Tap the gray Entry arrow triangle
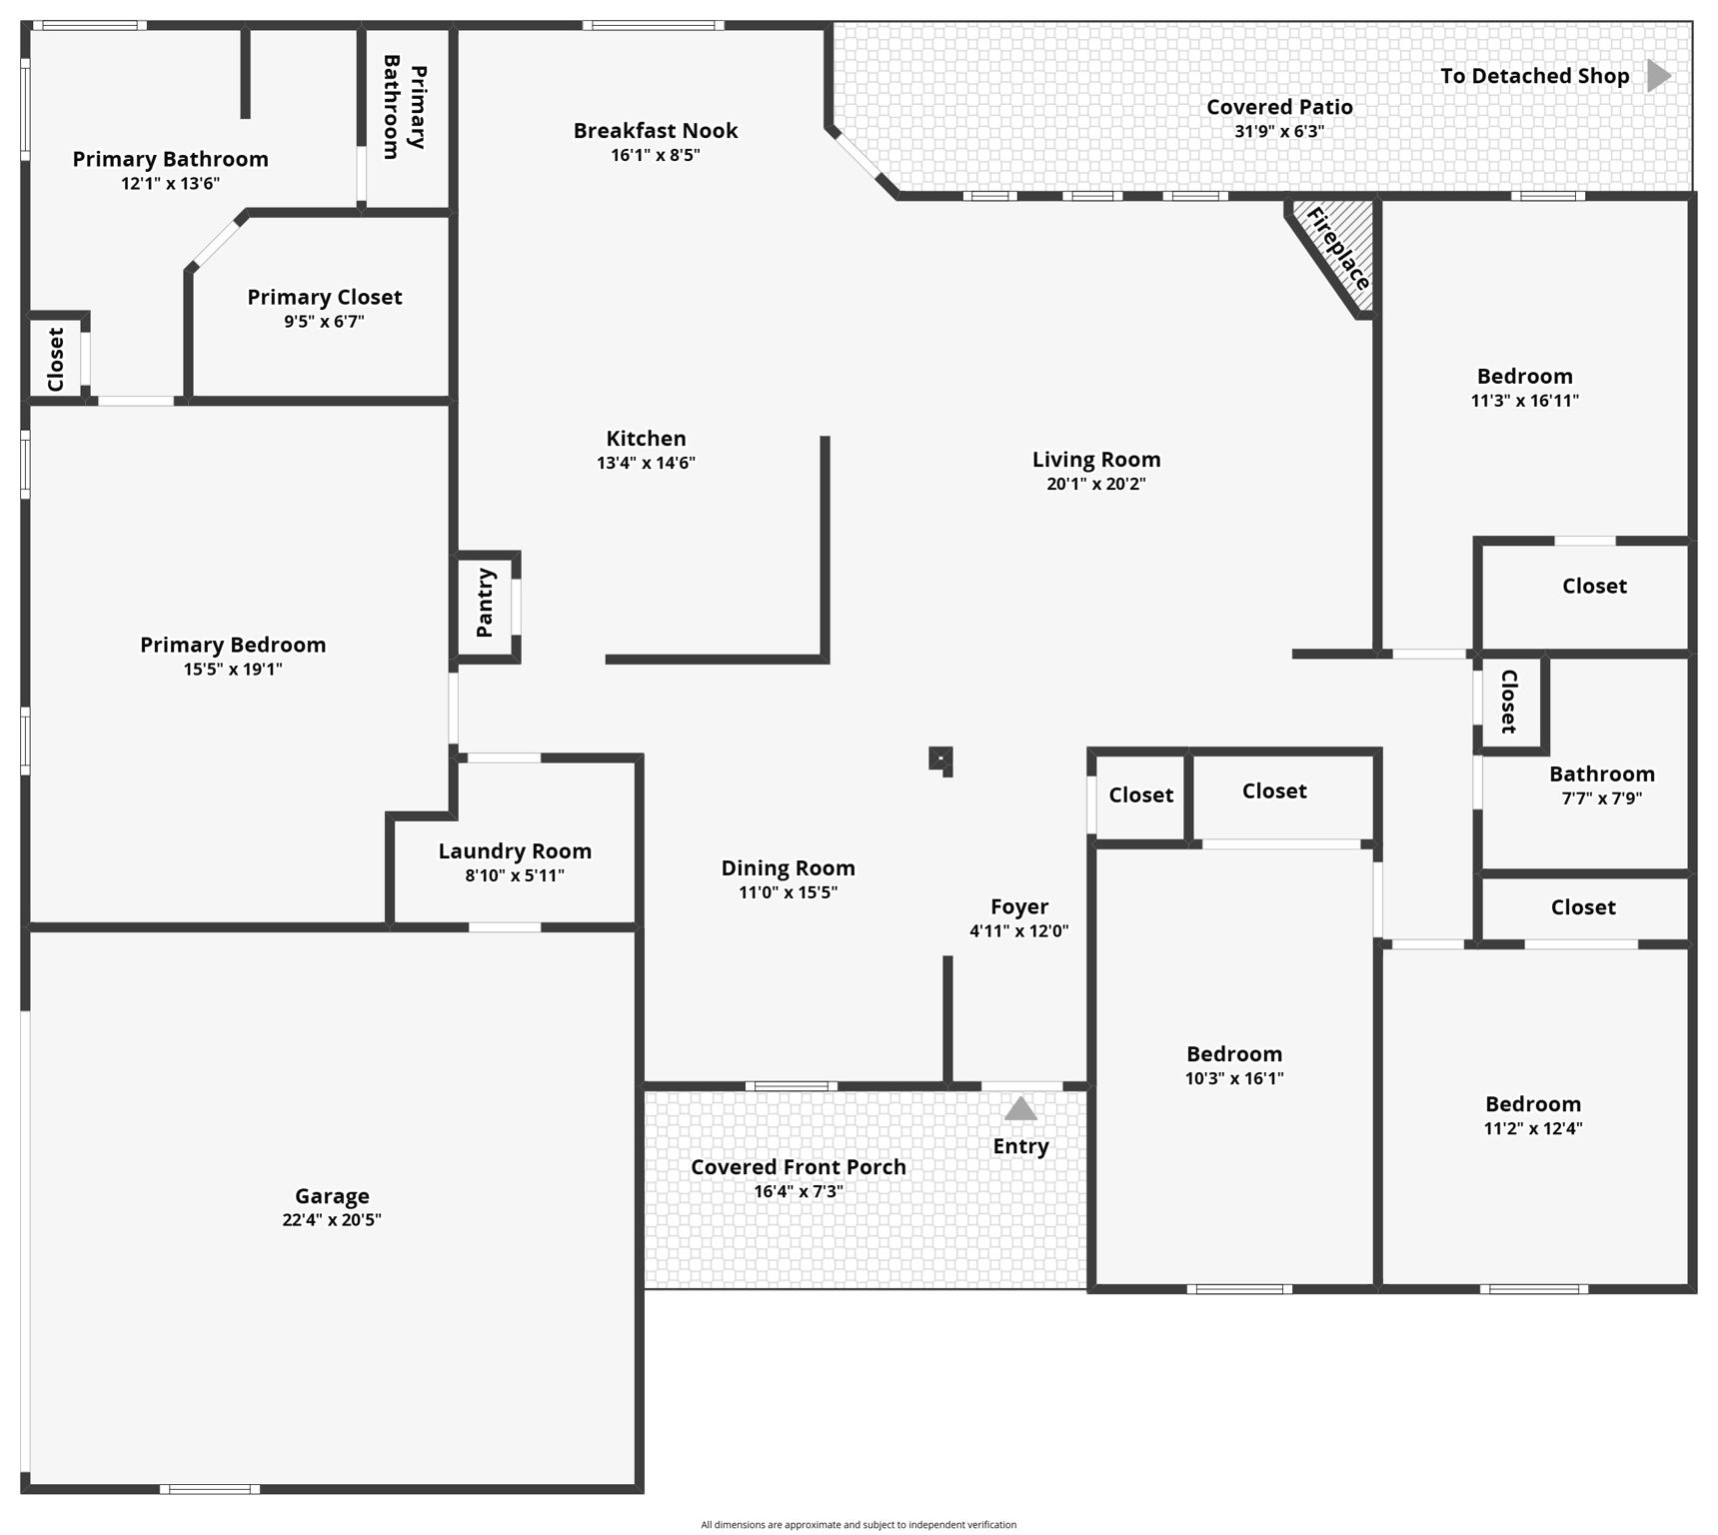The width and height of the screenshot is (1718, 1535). click(1020, 1108)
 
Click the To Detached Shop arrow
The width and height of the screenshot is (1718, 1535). click(1659, 76)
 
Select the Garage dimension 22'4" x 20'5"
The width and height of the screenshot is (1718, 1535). click(332, 1219)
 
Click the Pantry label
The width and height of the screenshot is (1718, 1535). click(486, 603)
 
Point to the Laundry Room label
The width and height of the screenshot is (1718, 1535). click(515, 851)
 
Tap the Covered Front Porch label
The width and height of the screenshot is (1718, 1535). click(798, 1167)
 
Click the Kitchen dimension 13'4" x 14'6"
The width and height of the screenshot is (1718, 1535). click(646, 463)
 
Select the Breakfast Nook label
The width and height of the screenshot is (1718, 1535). click(656, 131)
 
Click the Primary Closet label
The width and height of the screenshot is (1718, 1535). click(325, 297)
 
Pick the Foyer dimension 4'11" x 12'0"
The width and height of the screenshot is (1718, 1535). click(1018, 930)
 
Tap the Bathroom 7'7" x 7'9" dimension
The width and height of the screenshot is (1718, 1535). click(1601, 797)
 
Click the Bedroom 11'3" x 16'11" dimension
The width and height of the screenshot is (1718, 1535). click(1524, 401)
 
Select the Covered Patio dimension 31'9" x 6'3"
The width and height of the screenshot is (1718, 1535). click(1279, 131)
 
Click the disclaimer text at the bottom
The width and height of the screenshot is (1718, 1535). click(859, 1525)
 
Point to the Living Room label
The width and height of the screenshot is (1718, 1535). click(1096, 460)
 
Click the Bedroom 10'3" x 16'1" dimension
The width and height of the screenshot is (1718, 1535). click(1234, 1078)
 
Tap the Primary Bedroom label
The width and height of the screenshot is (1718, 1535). click(233, 645)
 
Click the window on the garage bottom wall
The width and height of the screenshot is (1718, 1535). click(210, 1489)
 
